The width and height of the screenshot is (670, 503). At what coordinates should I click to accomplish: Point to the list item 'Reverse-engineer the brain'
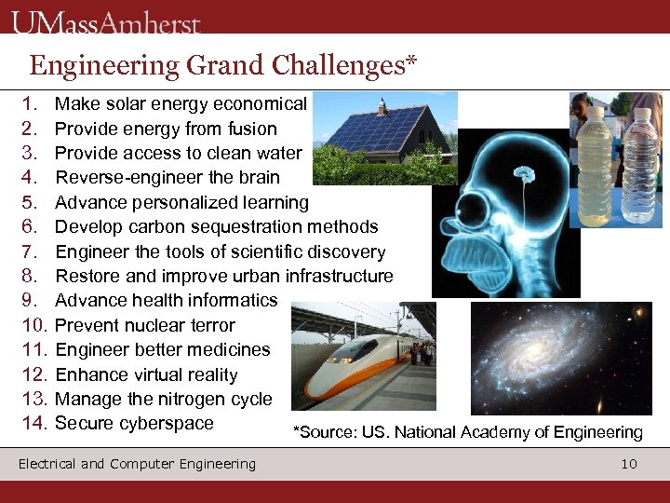point(167,177)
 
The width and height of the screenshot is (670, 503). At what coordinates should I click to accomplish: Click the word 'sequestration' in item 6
point(264,226)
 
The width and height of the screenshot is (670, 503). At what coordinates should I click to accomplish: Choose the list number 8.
point(29,276)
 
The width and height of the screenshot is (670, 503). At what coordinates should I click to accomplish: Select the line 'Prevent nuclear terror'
point(145,325)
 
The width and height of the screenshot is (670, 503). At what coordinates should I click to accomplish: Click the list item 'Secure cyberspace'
point(134,424)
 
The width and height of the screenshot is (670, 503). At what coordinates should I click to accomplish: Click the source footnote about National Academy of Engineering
point(467,432)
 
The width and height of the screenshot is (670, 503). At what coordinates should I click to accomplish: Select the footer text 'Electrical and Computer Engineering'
point(137,464)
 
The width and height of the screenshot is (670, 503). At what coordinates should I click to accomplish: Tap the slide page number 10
point(629,464)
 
